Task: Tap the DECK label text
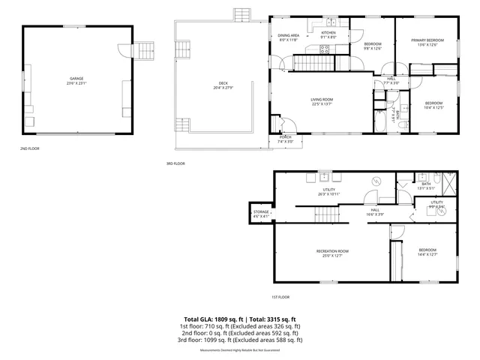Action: [223, 83]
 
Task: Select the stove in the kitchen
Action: [325, 50]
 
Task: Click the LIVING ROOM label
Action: [322, 100]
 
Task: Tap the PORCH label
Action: [285, 136]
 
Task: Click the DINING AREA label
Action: [289, 35]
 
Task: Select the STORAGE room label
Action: [260, 212]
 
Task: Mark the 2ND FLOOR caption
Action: [29, 148]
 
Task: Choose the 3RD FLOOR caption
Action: [175, 163]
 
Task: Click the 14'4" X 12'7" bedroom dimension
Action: [427, 254]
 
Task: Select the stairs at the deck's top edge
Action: [241, 15]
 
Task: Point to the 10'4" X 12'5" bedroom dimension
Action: [434, 107]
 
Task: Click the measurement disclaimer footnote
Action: [240, 350]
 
